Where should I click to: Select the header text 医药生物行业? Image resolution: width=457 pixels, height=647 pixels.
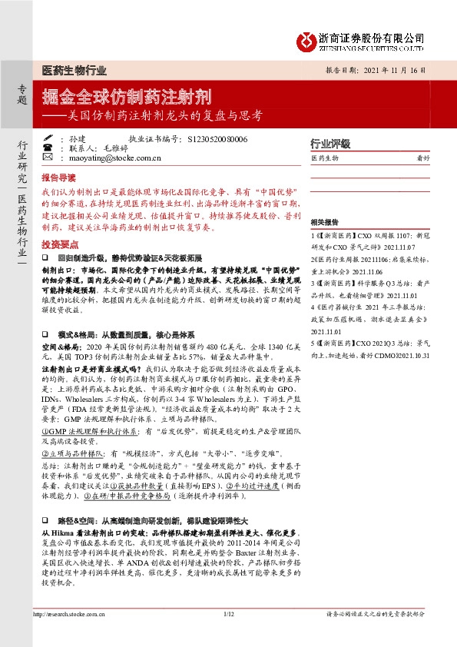point(74,70)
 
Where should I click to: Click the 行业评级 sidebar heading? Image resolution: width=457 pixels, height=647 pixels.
point(330,144)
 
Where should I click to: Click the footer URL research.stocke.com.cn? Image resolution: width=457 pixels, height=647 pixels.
point(73,635)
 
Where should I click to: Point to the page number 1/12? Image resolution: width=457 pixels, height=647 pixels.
point(228,635)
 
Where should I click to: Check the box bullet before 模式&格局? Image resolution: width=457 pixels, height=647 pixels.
point(46,336)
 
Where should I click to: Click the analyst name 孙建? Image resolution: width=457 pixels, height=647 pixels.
point(77,140)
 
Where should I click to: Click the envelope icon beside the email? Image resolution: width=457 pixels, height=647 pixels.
point(48,159)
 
